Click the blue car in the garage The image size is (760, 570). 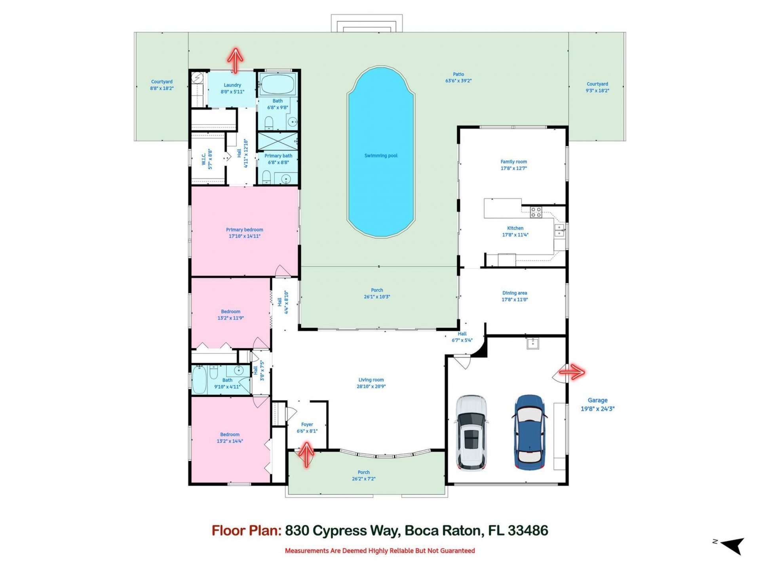point(530,432)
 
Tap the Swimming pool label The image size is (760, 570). point(381,156)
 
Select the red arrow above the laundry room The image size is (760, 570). point(235,60)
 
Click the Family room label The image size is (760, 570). point(513,161)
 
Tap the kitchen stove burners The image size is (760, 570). point(536,212)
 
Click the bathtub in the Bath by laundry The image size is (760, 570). point(277,84)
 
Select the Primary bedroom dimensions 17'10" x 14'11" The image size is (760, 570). point(244,236)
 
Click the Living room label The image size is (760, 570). point(371,380)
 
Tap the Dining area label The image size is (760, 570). point(515,293)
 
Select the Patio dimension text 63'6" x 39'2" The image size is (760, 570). point(458,81)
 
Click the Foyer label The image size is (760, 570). point(307,424)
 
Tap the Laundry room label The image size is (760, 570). point(232,85)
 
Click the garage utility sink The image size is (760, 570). point(533,343)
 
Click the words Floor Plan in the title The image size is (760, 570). point(246,530)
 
